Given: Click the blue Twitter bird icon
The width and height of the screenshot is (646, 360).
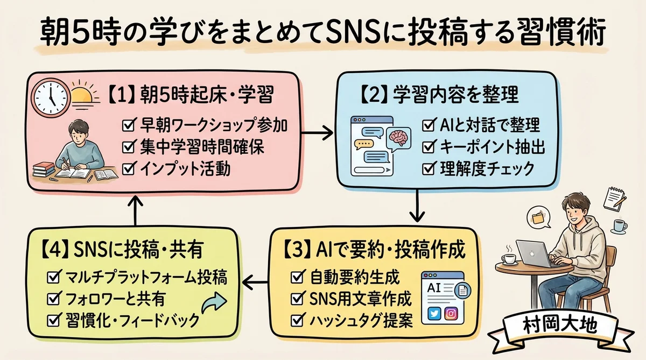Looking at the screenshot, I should pos(433,313).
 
